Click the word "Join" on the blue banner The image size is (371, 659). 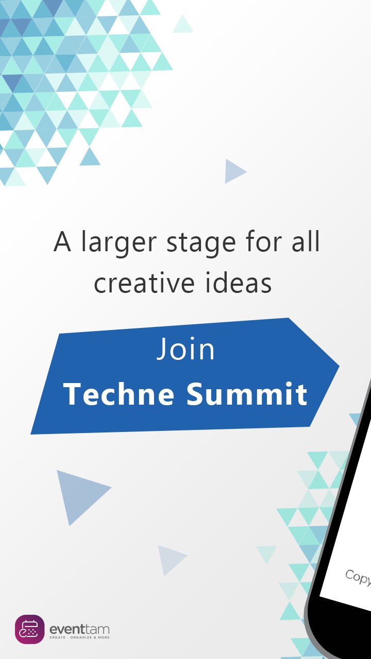(185, 349)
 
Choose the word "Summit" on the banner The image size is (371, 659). (247, 394)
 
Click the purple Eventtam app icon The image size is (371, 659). (29, 629)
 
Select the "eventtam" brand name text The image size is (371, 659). (79, 629)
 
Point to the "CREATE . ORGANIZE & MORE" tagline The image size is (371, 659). (79, 638)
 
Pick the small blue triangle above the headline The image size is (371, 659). (234, 171)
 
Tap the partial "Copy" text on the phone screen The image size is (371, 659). (358, 577)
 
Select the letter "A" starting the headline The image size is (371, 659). (62, 242)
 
